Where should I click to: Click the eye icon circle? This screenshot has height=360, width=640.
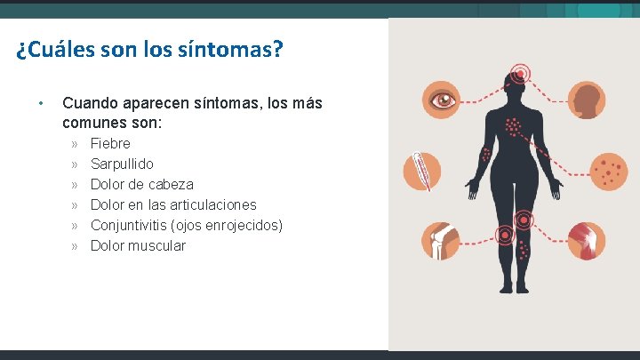441,100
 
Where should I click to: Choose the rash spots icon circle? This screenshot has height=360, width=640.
608,171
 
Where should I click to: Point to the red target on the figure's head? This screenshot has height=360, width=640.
518,73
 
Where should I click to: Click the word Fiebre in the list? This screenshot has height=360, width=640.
110,143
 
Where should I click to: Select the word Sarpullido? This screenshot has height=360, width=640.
122,164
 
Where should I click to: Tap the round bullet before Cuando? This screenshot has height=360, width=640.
41,103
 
